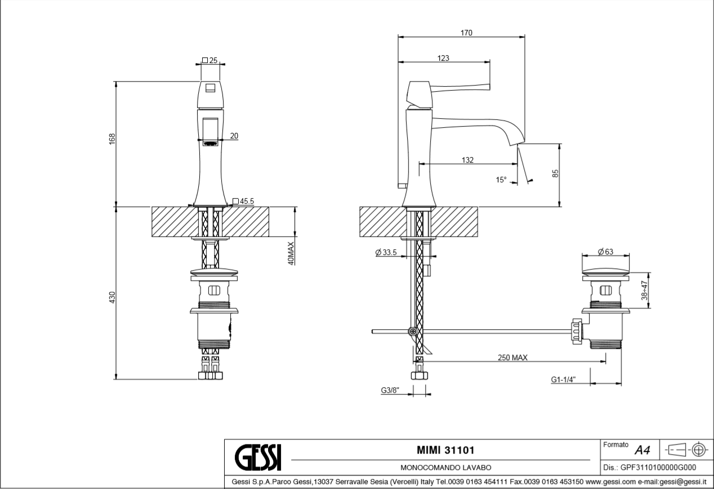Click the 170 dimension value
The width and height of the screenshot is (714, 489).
point(466,33)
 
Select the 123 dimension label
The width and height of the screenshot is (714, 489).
point(443,58)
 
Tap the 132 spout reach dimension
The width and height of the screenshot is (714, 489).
point(467,160)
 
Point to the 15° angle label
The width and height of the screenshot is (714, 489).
point(501,180)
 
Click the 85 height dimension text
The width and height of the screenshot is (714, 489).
point(555,173)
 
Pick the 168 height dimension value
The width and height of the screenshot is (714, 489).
point(112,139)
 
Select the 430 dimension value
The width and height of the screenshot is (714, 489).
point(112,297)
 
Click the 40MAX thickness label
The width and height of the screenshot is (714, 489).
point(291,253)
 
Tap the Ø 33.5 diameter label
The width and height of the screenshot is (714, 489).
point(386,252)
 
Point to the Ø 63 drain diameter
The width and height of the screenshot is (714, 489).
point(606,252)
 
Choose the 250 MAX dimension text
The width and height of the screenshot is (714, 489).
point(512,357)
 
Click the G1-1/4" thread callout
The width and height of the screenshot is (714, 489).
point(563,379)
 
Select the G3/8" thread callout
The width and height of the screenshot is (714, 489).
point(390,391)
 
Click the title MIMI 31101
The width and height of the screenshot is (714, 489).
point(445,450)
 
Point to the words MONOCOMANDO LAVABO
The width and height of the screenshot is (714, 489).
point(445,468)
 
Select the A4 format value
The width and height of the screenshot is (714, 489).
point(642,450)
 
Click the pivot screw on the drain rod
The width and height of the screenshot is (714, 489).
point(413,331)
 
